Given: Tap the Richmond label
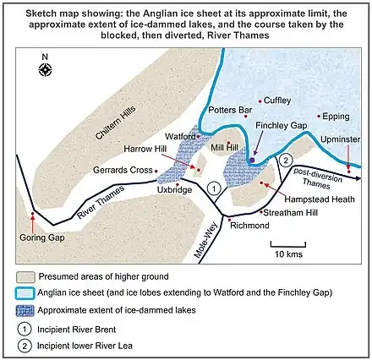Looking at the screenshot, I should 249,226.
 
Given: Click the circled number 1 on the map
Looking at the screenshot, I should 214,188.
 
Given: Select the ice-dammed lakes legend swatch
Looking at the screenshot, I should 27,311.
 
